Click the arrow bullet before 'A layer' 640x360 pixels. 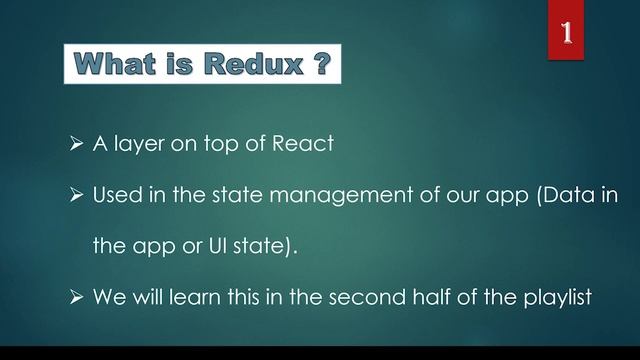click(x=75, y=143)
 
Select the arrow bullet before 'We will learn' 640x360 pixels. click(x=75, y=297)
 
